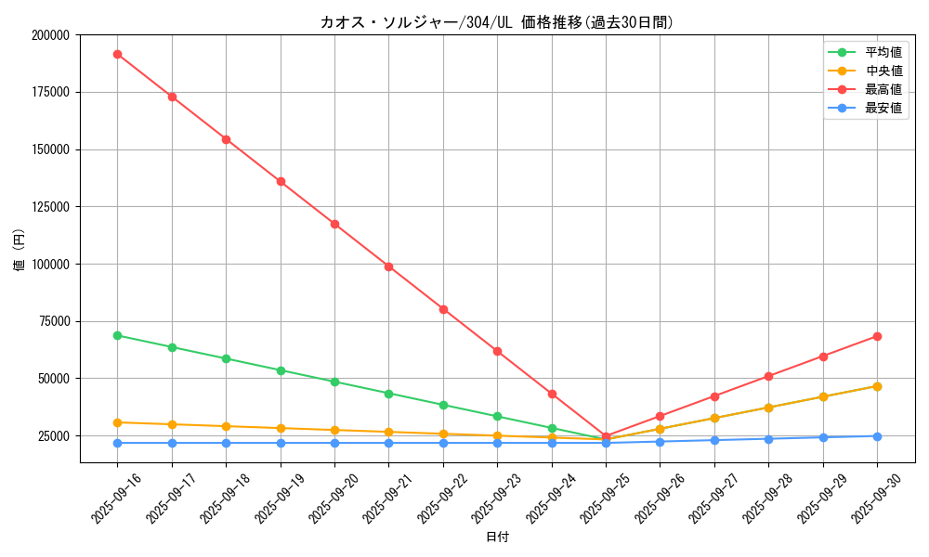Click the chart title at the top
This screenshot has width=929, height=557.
[497, 22]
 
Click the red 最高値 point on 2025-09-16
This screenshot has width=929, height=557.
[117, 54]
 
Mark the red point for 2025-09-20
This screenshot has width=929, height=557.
[334, 224]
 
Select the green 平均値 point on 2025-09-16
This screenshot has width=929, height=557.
[117, 335]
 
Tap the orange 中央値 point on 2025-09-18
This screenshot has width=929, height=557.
[226, 426]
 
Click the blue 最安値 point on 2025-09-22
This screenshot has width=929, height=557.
[443, 443]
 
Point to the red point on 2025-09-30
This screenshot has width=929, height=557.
[877, 336]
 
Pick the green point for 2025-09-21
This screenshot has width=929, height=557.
[388, 394]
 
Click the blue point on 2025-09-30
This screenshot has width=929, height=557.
[877, 436]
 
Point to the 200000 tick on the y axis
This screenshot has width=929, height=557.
[51, 35]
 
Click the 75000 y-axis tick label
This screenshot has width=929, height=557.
[54, 321]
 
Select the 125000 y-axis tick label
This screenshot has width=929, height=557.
[51, 207]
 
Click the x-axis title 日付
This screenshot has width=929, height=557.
[497, 537]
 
